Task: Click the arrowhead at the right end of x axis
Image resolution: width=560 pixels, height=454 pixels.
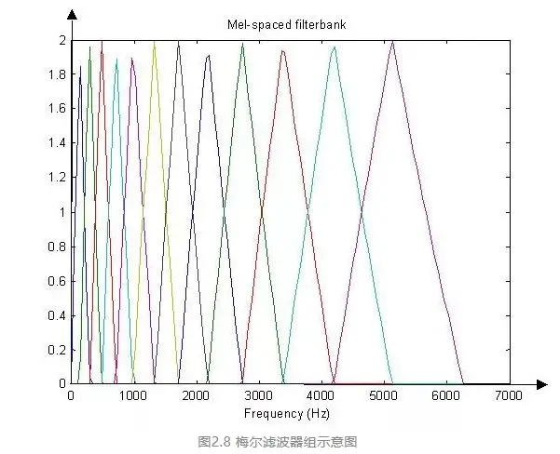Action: pyautogui.click(x=541, y=383)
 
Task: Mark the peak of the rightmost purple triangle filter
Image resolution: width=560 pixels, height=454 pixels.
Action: pyautogui.click(x=393, y=42)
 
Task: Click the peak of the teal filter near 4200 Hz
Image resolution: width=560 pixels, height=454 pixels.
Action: pyautogui.click(x=335, y=47)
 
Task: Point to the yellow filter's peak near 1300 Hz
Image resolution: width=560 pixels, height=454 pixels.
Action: pyautogui.click(x=154, y=42)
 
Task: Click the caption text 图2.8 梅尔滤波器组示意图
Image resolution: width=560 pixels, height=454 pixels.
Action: pyautogui.click(x=279, y=441)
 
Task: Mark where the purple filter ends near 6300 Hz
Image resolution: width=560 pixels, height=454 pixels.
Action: pyautogui.click(x=463, y=382)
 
